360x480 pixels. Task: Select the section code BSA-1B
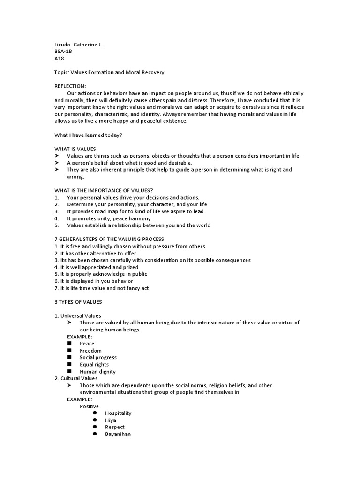pyautogui.click(x=63, y=52)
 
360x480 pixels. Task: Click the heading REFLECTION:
pyautogui.click(x=70, y=86)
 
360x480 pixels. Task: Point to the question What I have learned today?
pyautogui.click(x=89, y=135)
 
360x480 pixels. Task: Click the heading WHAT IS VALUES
pyautogui.click(x=75, y=149)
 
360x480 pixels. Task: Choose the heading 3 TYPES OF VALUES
pyautogui.click(x=78, y=301)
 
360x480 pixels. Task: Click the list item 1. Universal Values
pyautogui.click(x=78, y=315)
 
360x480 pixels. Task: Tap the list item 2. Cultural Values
pyautogui.click(x=76, y=378)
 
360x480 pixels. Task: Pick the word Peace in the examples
pyautogui.click(x=87, y=344)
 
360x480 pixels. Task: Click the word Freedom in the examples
pyautogui.click(x=90, y=351)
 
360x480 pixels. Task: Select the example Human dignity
pyautogui.click(x=97, y=372)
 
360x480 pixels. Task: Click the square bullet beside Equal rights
pyautogui.click(x=69, y=364)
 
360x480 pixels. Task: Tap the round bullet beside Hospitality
pyautogui.click(x=94, y=413)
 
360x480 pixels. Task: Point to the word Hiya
pyautogui.click(x=111, y=420)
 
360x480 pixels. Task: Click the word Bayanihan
pyautogui.click(x=118, y=434)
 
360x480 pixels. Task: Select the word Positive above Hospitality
pyautogui.click(x=89, y=406)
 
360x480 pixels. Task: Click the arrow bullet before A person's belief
pyautogui.click(x=56, y=163)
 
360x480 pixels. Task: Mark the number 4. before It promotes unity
pyautogui.click(x=56, y=218)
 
